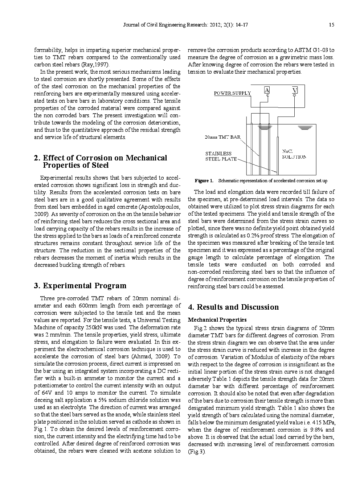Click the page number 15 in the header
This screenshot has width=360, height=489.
(x=331, y=25)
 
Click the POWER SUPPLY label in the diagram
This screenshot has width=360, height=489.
(x=232, y=93)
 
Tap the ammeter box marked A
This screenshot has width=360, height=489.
(x=267, y=90)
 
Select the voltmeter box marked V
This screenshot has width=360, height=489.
(x=294, y=90)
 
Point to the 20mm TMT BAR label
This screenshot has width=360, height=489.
(x=222, y=137)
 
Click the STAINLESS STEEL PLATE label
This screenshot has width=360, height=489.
(x=221, y=156)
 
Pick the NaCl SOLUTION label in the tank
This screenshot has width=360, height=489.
(x=294, y=154)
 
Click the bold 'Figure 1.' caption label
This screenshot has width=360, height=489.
(x=204, y=181)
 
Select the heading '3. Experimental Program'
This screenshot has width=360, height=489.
(x=80, y=286)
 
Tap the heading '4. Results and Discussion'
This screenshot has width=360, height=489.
(x=233, y=307)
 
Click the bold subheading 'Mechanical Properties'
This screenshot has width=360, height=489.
(x=217, y=320)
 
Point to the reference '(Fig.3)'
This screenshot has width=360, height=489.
(x=196, y=452)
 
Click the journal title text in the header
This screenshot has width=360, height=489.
(x=185, y=25)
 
